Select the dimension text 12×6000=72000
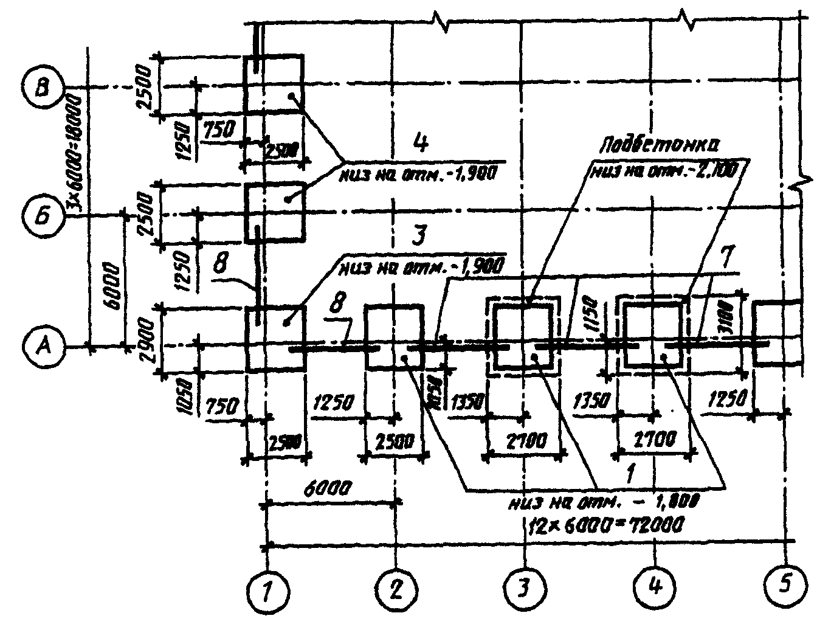click(x=604, y=524)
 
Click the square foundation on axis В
click(x=274, y=84)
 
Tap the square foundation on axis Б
click(x=274, y=212)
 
